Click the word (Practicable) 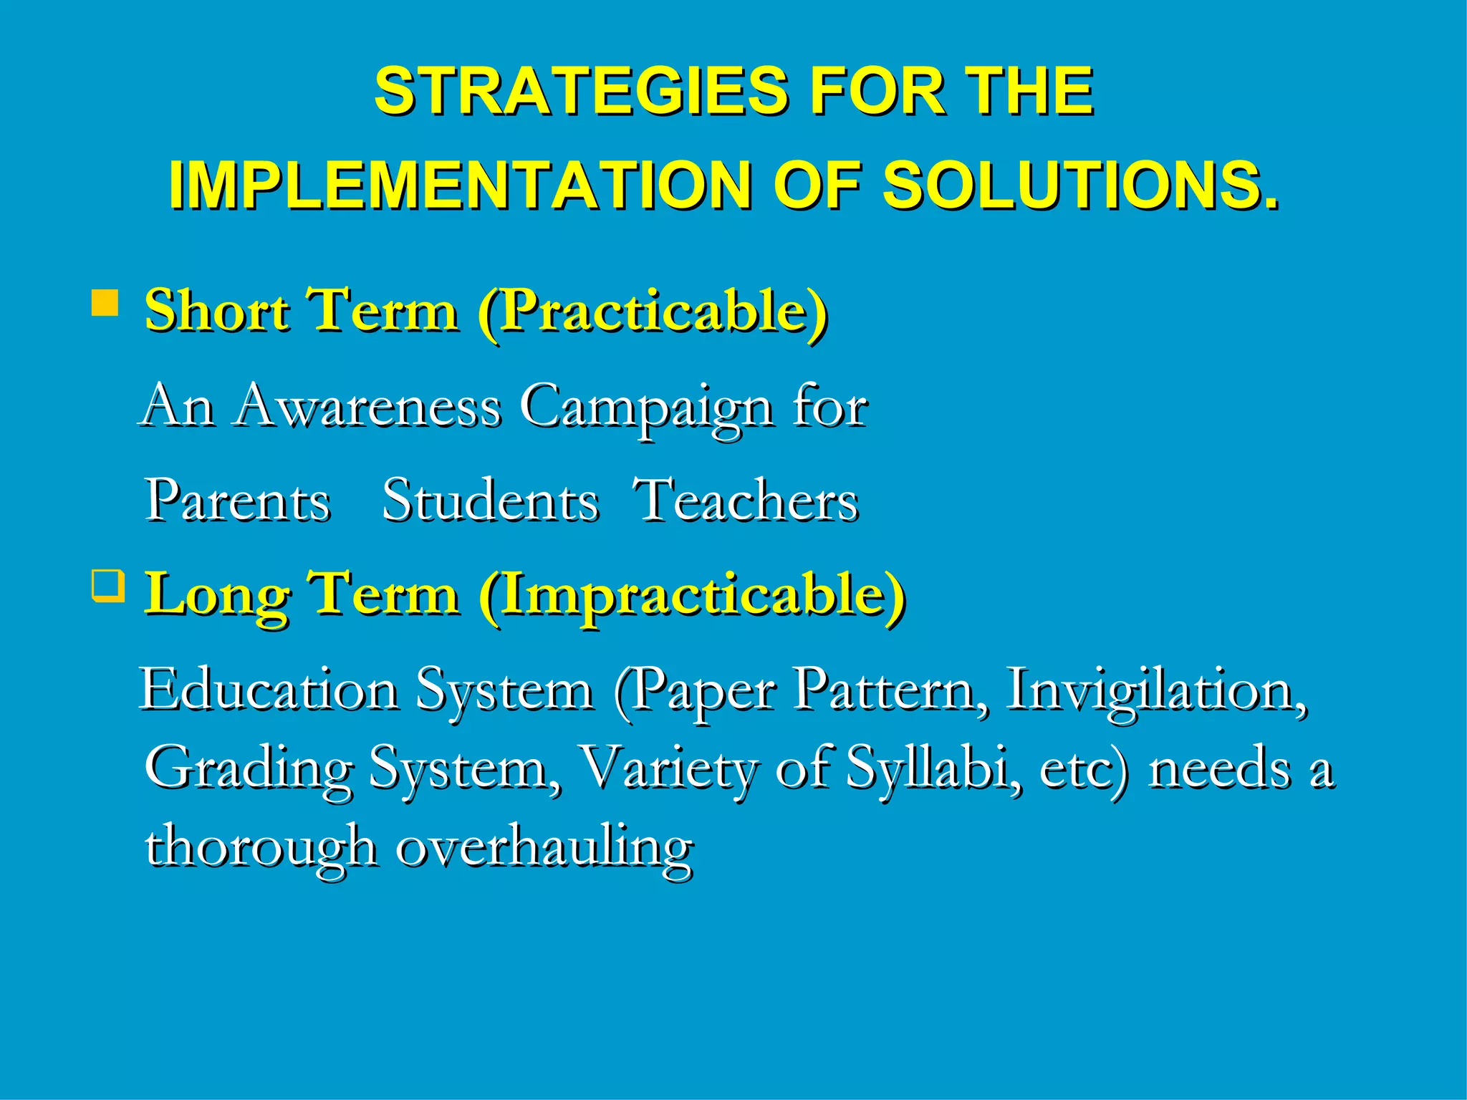point(653,312)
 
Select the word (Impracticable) point(692,594)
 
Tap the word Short point(216,312)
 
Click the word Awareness point(368,407)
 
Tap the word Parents point(238,501)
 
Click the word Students point(490,501)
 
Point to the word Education point(269,690)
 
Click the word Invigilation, point(1156,690)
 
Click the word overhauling point(544,847)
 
